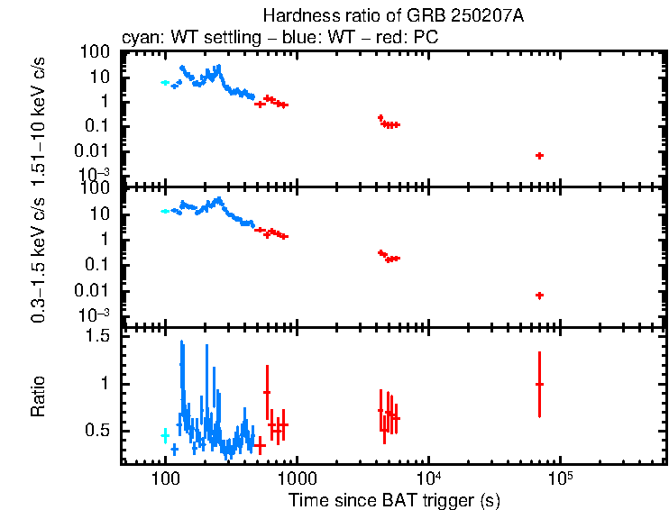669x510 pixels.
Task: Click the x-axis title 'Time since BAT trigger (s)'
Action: click(x=394, y=499)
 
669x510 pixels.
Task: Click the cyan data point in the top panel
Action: click(x=165, y=82)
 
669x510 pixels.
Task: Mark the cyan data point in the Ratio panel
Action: click(x=165, y=435)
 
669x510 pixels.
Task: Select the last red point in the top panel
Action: click(x=539, y=156)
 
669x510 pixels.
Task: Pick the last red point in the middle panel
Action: click(x=539, y=296)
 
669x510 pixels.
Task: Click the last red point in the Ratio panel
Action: click(x=539, y=384)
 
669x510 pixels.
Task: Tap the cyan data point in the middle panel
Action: click(x=165, y=211)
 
